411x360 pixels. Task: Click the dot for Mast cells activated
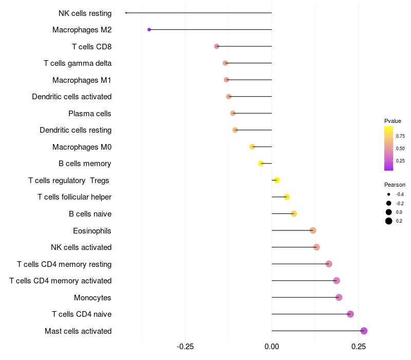pos(364,331)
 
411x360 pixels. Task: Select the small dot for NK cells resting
pos(126,13)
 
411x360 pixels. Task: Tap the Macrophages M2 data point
pos(149,29)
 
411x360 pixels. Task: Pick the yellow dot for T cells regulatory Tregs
pos(277,180)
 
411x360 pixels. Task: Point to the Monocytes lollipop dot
pos(339,297)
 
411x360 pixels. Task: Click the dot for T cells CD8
pos(217,46)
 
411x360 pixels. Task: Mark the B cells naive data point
pos(294,213)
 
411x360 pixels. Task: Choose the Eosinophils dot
pos(313,230)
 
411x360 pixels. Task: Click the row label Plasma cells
pos(89,114)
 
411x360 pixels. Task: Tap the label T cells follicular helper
pos(74,197)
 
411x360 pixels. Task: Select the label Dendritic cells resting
pos(76,130)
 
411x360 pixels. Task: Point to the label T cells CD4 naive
pos(82,314)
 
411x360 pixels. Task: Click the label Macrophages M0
pos(82,147)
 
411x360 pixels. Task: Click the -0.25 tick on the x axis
pos(185,346)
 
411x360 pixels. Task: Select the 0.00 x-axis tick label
pos(272,346)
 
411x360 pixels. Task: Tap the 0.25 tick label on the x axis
pos(359,346)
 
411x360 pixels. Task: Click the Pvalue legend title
pos(393,121)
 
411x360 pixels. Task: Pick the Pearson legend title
pos(395,185)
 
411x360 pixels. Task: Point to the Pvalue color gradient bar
pos(389,148)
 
